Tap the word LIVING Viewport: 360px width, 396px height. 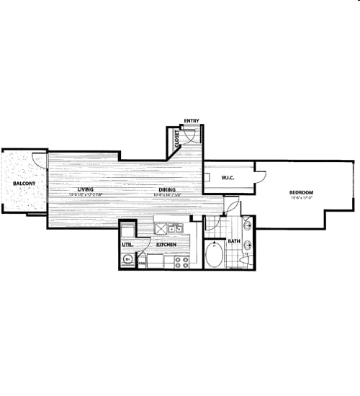pos(86,189)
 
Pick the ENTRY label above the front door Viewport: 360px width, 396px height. pos(192,121)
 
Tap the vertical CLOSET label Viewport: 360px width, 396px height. pos(177,139)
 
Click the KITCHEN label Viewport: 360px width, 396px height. pos(167,245)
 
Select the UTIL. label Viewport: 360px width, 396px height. pos(127,245)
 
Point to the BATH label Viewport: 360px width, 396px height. pos(235,241)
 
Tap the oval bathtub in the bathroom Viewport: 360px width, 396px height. pos(215,256)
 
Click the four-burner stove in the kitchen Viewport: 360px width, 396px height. pos(181,263)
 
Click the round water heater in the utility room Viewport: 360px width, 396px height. pos(128,260)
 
